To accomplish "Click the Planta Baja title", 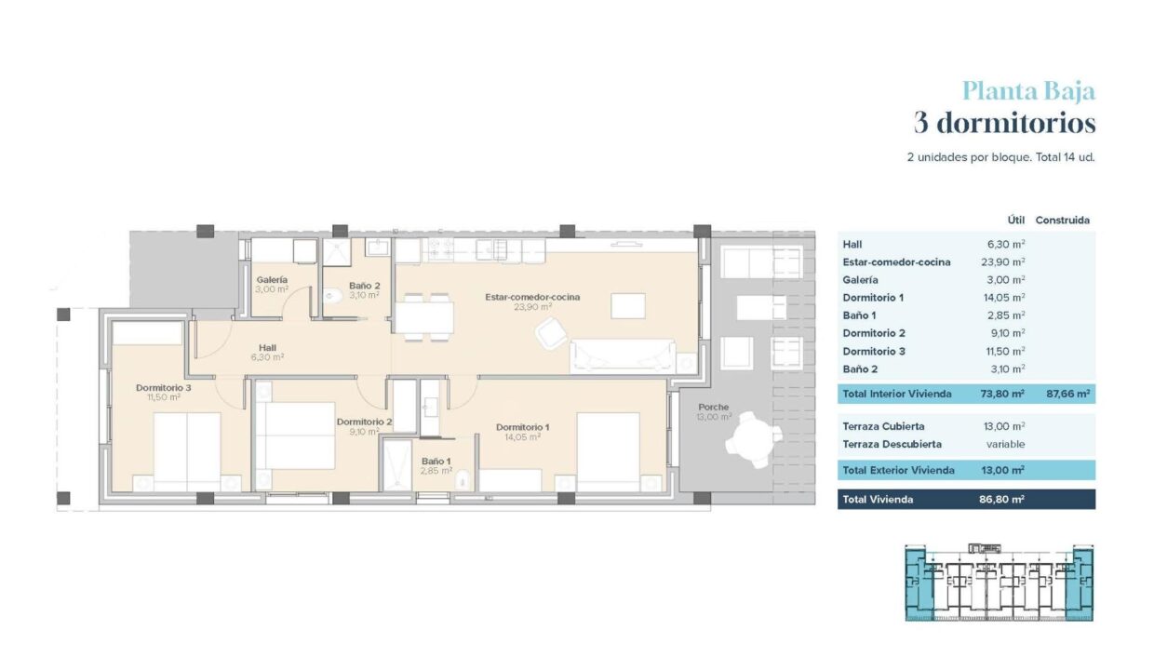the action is pos(1028,92).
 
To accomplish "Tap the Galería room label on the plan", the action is pos(272,280).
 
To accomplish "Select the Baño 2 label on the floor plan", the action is pos(364,286).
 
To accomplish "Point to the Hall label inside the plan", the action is pos(267,348).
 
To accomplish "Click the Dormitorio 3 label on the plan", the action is pos(163,387).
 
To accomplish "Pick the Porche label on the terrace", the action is pos(714,407).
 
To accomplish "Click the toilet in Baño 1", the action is pos(463,479).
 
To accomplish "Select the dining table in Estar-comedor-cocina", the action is pos(424,317).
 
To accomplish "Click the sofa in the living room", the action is pos(623,355).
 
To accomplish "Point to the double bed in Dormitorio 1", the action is pos(609,452).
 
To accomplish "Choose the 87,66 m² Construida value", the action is pos(1068,394).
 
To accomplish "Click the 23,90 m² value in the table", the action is pos(1003,262).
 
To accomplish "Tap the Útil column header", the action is pos(1016,220).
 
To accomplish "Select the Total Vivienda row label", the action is pos(878,499).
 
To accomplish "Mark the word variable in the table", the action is pos(1006,444).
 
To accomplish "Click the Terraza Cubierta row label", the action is pos(883,426).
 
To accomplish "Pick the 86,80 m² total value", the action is pos(1002,499).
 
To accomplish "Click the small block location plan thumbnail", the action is pos(999,582).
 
